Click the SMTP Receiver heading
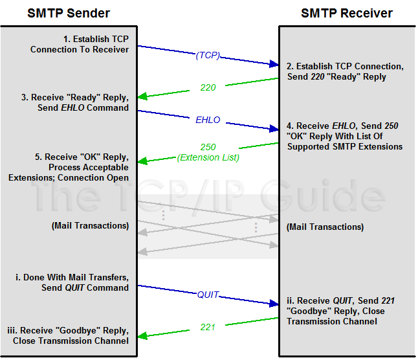click(x=347, y=13)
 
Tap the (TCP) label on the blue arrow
click(x=208, y=56)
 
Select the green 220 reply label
click(x=208, y=87)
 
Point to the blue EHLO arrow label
click(x=208, y=120)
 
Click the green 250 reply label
click(x=208, y=147)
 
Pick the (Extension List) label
click(x=208, y=157)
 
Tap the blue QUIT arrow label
click(x=208, y=295)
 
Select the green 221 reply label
click(x=208, y=327)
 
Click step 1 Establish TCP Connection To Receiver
click(x=80, y=44)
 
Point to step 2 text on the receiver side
click(x=345, y=71)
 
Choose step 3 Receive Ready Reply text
click(x=75, y=103)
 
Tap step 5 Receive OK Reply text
click(x=69, y=167)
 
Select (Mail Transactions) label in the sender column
click(x=90, y=226)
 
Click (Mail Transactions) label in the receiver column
click(x=325, y=227)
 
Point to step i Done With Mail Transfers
click(x=72, y=282)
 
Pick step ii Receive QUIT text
click(x=340, y=311)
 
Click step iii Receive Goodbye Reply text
click(x=69, y=335)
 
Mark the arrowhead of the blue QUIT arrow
click(x=273, y=303)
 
